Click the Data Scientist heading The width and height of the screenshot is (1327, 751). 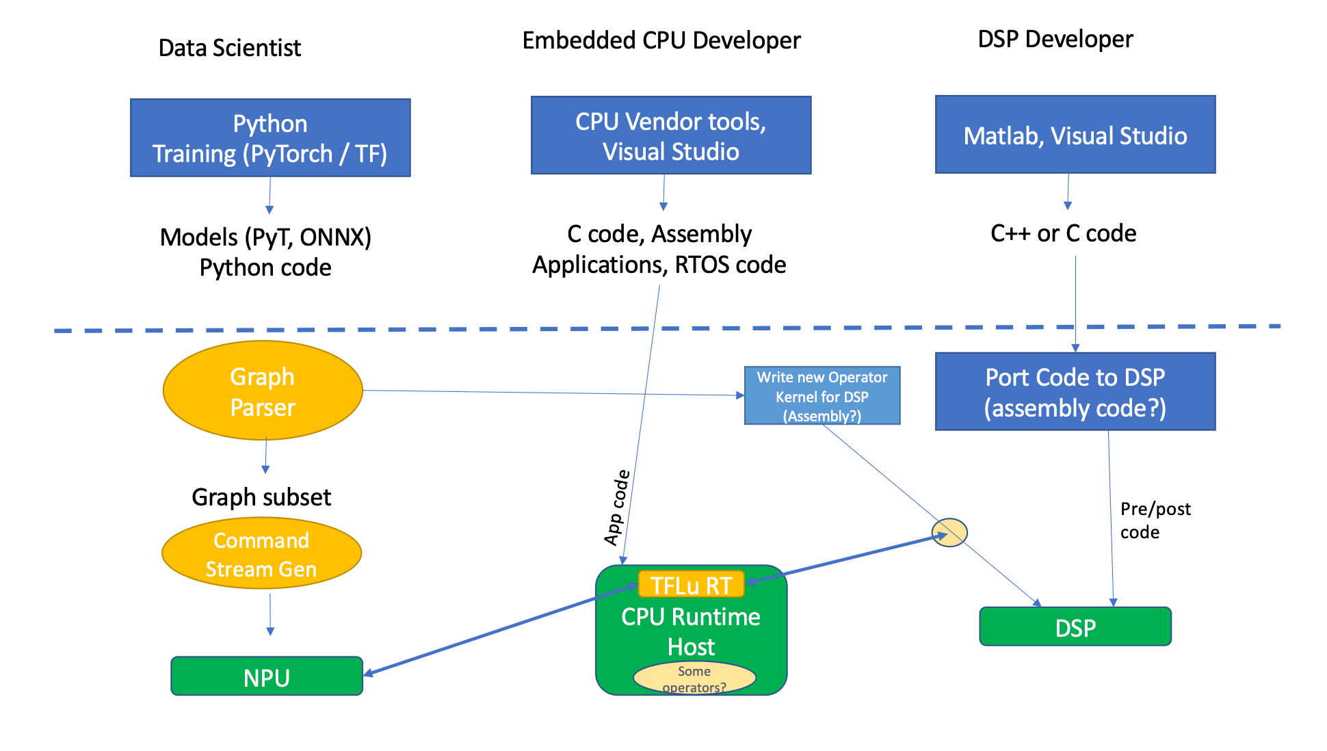[229, 48]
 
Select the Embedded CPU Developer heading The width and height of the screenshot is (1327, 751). [661, 40]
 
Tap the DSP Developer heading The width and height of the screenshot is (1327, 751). [1055, 39]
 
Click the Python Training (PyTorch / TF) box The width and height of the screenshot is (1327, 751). [270, 138]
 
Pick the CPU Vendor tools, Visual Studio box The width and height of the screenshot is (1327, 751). [670, 135]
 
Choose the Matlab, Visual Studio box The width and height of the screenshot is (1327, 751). [1075, 135]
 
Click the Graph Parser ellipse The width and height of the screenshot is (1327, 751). [263, 391]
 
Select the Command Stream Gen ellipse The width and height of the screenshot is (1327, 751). [261, 553]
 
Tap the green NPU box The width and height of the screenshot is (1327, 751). [267, 676]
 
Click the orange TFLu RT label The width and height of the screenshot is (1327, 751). [691, 585]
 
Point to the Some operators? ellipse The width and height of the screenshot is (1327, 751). [694, 678]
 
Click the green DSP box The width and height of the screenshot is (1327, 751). [1075, 627]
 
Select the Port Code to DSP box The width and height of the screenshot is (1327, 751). [1075, 392]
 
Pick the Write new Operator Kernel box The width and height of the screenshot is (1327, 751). [822, 396]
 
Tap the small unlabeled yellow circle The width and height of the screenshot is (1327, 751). [949, 532]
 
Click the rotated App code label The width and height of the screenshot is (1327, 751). [616, 508]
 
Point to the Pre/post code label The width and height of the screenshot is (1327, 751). [1155, 521]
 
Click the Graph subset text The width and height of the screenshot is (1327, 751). [261, 497]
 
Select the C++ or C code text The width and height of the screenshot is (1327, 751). [1063, 234]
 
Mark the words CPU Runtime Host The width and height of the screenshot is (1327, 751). [691, 631]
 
